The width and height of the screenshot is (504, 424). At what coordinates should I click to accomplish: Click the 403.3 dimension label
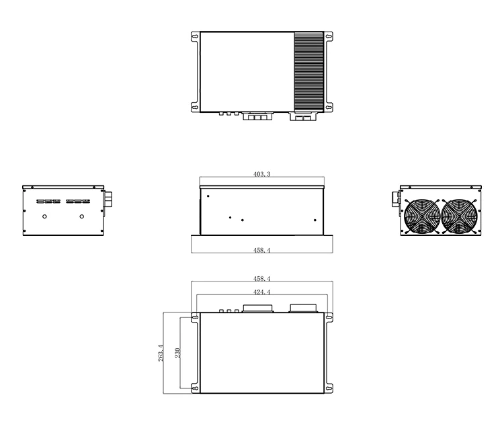click(261, 174)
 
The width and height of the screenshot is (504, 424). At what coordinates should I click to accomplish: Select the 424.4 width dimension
click(261, 292)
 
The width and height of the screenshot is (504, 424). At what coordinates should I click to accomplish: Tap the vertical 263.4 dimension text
click(160, 353)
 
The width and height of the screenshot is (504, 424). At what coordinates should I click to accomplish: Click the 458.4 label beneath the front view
click(261, 250)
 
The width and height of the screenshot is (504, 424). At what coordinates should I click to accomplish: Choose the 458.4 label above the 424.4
click(261, 278)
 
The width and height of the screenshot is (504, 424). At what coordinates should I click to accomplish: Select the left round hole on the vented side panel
click(45, 216)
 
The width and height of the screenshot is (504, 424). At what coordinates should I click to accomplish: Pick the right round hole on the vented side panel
click(82, 216)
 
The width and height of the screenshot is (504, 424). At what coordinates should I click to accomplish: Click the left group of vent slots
click(46, 201)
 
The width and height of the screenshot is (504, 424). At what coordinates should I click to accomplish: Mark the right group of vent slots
click(79, 201)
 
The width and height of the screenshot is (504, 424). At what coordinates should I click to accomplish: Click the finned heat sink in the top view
click(308, 71)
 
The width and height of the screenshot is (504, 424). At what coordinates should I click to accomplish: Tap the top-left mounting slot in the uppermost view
click(195, 38)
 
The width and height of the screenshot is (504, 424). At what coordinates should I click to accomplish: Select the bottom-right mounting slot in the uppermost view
click(329, 105)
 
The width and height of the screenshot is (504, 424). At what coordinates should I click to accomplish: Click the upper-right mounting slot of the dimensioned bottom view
click(329, 318)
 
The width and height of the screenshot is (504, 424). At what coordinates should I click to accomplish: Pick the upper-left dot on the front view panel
click(208, 196)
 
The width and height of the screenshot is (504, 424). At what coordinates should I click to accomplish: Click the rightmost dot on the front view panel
click(314, 219)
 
